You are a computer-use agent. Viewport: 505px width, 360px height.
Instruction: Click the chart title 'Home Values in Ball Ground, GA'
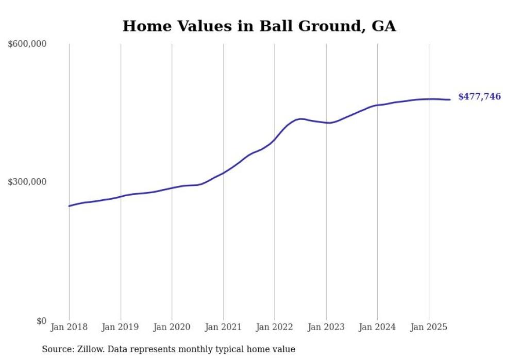pyautogui.click(x=259, y=26)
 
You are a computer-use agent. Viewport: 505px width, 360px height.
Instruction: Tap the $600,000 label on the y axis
pyautogui.click(x=27, y=44)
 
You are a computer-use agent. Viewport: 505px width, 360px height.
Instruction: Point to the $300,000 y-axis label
pyautogui.click(x=27, y=182)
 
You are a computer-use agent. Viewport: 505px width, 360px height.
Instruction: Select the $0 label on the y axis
pyautogui.click(x=41, y=321)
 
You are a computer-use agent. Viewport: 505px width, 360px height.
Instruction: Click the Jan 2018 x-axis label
pyautogui.click(x=69, y=327)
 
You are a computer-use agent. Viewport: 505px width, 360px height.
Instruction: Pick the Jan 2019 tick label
pyautogui.click(x=121, y=327)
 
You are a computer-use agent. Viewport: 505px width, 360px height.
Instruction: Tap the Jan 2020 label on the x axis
pyautogui.click(x=172, y=327)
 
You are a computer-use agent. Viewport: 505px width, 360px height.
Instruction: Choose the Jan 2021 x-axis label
pyautogui.click(x=223, y=327)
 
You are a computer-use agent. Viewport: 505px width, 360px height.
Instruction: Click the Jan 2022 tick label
pyautogui.click(x=275, y=327)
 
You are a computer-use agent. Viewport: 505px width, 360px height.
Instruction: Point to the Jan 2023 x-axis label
pyautogui.click(x=326, y=327)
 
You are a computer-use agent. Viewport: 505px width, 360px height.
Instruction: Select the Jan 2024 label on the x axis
pyautogui.click(x=377, y=327)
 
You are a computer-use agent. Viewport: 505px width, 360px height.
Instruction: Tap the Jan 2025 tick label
pyautogui.click(x=428, y=327)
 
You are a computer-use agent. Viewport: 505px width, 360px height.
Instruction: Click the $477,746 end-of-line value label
pyautogui.click(x=479, y=96)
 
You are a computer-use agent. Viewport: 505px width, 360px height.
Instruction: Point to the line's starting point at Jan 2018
pyautogui.click(x=70, y=206)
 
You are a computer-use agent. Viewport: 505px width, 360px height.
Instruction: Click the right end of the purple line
pyautogui.click(x=450, y=99)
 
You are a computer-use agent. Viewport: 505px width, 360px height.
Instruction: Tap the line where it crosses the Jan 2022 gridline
pyautogui.click(x=275, y=140)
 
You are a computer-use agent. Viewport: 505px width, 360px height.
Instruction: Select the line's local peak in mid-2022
pyautogui.click(x=300, y=118)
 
